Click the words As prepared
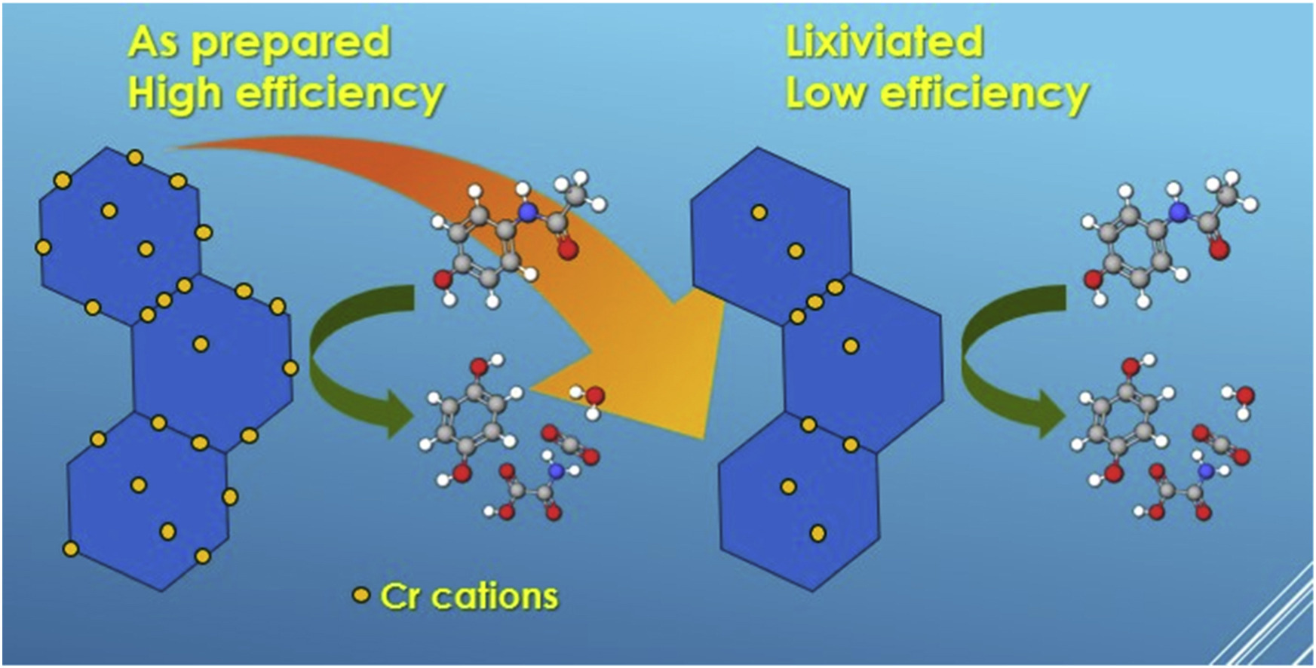tap(259, 42)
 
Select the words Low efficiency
tap(937, 93)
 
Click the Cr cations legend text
tap(469, 596)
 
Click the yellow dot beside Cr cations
tap(362, 596)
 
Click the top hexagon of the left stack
tap(121, 234)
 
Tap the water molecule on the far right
tap(1243, 397)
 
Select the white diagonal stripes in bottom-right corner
tap(1275, 626)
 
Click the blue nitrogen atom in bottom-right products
tap(1205, 471)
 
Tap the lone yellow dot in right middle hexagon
tap(851, 345)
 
